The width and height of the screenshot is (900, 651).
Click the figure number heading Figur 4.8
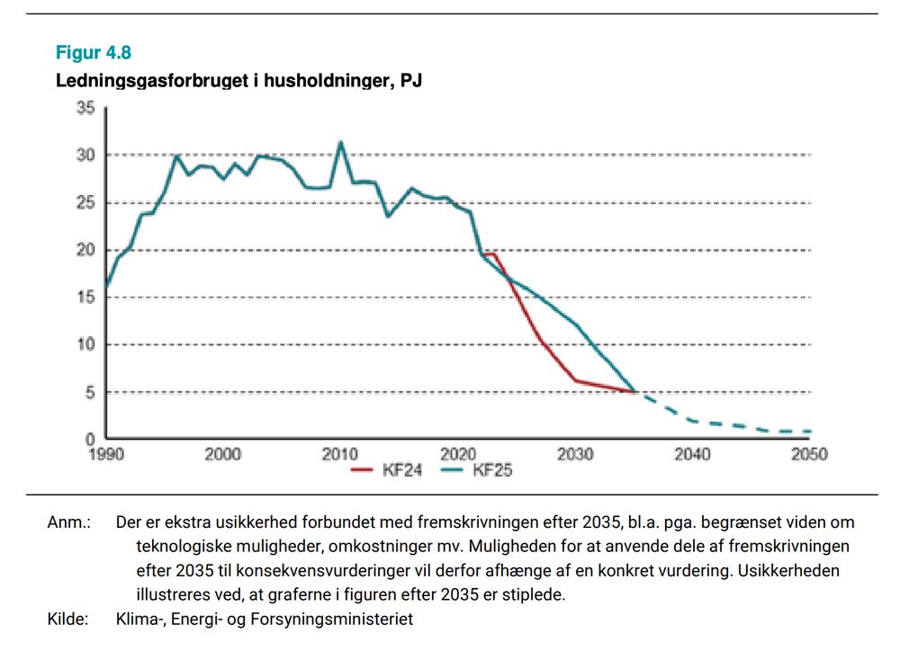94,53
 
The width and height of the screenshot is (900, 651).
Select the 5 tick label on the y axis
90,392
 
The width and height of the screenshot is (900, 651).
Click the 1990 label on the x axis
106,454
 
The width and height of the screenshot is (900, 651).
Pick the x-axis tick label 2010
340,454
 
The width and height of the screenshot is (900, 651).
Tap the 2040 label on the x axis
692,454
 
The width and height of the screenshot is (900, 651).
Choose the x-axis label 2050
809,454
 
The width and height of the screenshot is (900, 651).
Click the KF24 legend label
401,469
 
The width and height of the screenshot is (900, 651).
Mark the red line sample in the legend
363,469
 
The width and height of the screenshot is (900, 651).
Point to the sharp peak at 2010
340,142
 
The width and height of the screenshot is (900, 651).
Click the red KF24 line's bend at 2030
575,380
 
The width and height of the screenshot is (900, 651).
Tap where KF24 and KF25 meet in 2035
634,392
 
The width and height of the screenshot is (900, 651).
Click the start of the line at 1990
106,288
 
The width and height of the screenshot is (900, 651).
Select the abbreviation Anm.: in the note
68,522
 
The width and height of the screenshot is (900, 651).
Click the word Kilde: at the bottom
68,619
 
